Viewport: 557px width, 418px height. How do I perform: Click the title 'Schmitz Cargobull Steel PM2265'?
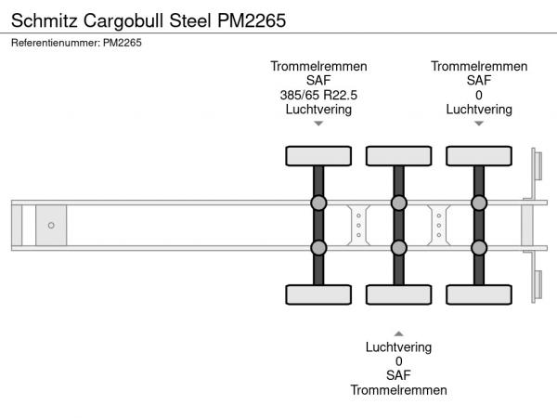(148, 18)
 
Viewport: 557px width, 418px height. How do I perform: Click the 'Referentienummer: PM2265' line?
(76, 42)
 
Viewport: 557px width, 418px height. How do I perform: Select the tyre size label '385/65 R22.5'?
(318, 95)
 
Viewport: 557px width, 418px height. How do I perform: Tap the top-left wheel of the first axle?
(317, 155)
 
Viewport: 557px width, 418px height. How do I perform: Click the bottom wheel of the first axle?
(317, 294)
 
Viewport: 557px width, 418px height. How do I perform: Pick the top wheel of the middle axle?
(398, 155)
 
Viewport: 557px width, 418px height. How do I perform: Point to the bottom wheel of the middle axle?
(398, 294)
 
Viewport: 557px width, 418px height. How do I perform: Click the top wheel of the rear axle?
(479, 155)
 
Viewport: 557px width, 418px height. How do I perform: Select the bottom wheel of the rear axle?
(479, 294)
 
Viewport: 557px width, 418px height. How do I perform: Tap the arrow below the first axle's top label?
(318, 124)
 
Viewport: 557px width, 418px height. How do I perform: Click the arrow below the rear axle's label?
(479, 124)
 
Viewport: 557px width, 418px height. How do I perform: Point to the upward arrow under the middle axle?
(398, 333)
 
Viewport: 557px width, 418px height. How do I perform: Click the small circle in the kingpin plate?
(51, 225)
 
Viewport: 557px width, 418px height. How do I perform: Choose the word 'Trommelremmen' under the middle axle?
(398, 390)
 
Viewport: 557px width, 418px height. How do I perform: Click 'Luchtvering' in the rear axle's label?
(479, 109)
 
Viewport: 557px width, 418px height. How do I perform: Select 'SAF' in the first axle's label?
(318, 81)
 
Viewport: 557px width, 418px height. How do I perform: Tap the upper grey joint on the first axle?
(317, 203)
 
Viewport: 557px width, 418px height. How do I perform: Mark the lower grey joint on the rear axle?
(479, 247)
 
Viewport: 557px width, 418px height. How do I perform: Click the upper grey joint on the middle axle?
(398, 203)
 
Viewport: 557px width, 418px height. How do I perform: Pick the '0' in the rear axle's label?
(479, 95)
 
